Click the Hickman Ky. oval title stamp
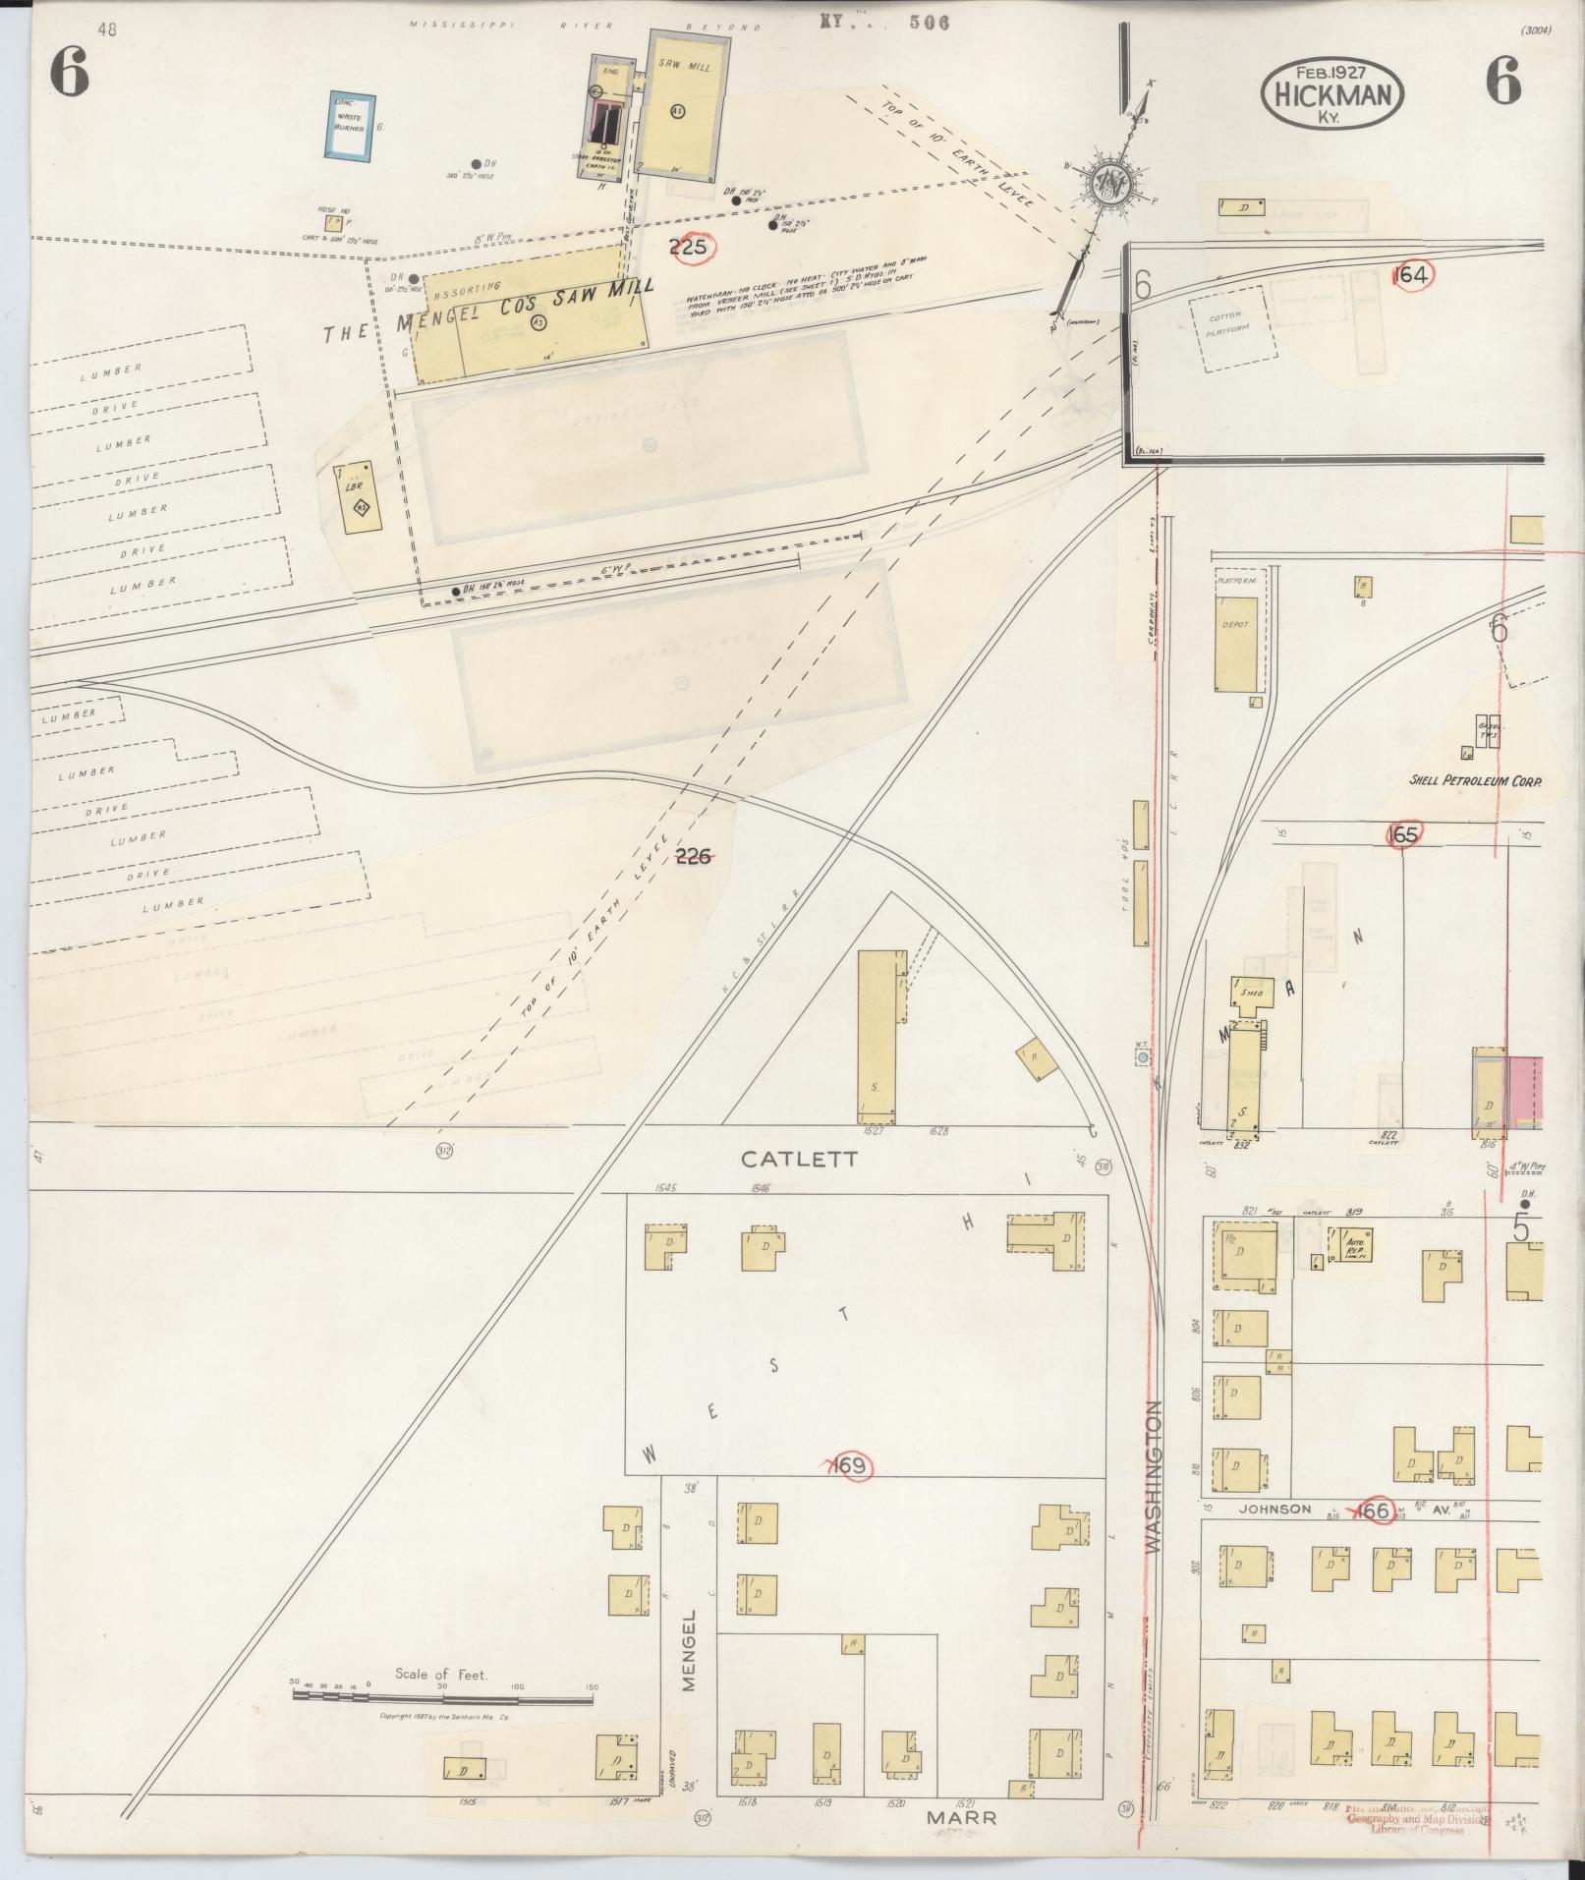(1332, 93)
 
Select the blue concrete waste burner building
(349, 127)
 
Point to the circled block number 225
(688, 247)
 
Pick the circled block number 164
(1411, 276)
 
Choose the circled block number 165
(1402, 834)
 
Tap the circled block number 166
(1373, 1510)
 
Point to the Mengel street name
(689, 1650)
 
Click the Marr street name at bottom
(962, 1818)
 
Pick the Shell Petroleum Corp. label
(1474, 781)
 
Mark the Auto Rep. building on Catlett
(1351, 1243)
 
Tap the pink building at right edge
(1525, 1088)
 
